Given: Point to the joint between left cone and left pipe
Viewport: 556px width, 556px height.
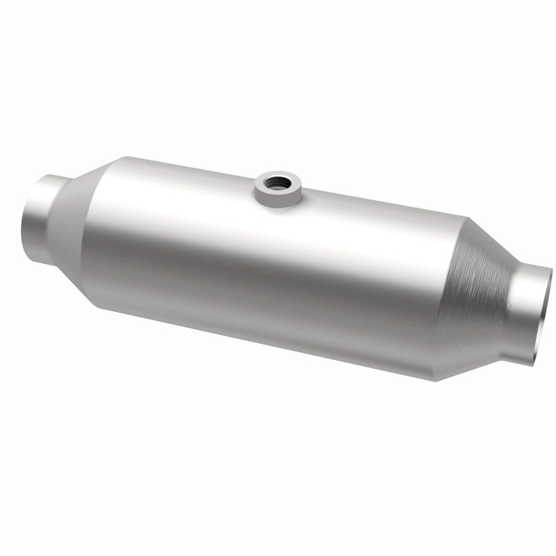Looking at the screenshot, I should pos(58,208).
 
